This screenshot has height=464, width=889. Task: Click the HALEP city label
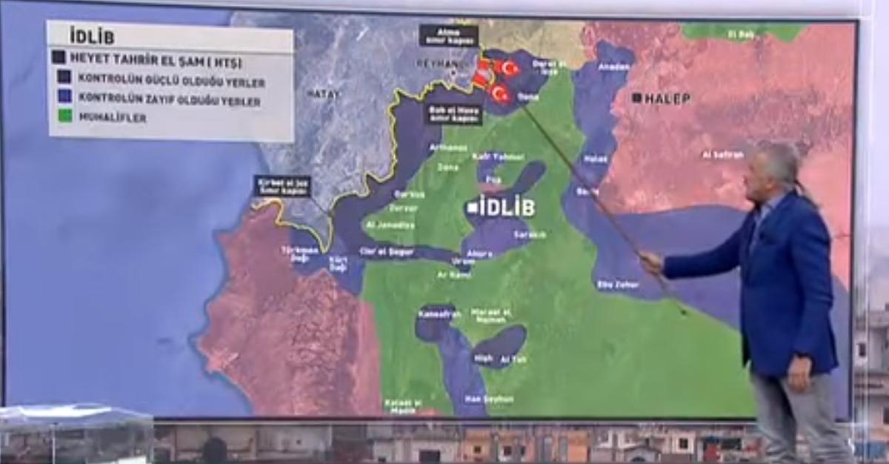pos(667,99)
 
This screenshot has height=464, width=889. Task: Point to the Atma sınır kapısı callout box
pos(448,35)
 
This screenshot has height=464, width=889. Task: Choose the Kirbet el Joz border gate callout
pos(282,186)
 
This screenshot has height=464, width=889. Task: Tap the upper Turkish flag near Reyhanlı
pos(508,68)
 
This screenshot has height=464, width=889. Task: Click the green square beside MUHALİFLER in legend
pos(64,116)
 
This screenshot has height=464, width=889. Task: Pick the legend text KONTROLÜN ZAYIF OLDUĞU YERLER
pos(170,99)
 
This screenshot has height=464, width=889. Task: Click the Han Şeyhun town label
pos(489,399)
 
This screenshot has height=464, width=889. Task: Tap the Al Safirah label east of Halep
pos(723,154)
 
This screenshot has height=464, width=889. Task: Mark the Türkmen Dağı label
pos(299,253)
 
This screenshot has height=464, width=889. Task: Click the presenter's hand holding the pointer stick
pos(651,263)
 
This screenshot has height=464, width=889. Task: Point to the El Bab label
pos(740,34)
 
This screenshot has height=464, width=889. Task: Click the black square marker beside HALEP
pos(636,98)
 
